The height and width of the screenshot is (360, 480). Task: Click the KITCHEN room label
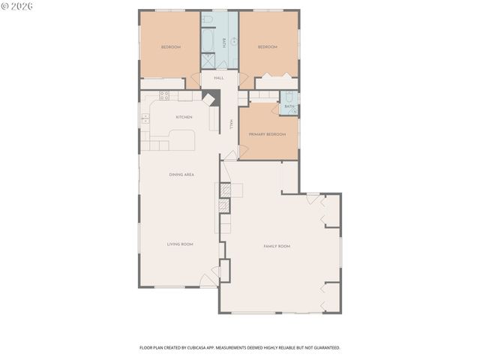coord(184,117)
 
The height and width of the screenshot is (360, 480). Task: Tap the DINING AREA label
coord(181,175)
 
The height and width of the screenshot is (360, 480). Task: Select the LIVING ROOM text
coord(180,244)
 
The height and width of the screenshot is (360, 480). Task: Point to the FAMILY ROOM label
coord(277,246)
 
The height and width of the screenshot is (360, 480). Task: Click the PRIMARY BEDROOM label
coord(268,133)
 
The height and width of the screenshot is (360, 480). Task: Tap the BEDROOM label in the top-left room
coord(171,47)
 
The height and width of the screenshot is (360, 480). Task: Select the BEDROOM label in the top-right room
coord(268,47)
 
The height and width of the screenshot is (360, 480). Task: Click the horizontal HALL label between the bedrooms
coord(219,78)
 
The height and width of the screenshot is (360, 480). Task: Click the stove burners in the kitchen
coord(163,95)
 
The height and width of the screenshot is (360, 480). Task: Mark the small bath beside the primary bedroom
coord(289,103)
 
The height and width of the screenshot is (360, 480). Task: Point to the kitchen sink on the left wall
coord(145,118)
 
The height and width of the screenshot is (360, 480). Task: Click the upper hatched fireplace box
coord(223,190)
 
